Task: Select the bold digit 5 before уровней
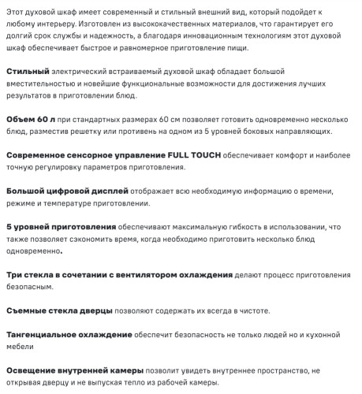click(9, 227)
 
